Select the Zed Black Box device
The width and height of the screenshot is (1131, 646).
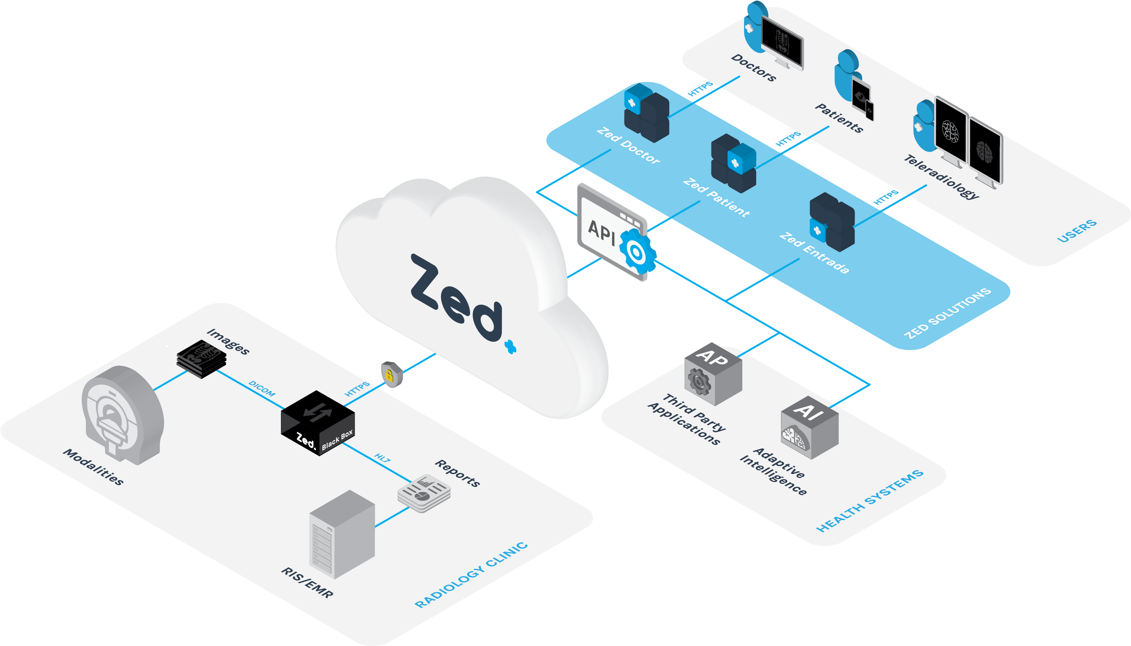coord(318,423)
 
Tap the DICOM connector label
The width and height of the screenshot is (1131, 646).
coord(262,389)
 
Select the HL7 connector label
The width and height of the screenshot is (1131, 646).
coord(382,458)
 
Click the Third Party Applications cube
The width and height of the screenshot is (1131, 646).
coord(713,374)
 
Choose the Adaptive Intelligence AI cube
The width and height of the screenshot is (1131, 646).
coord(810,427)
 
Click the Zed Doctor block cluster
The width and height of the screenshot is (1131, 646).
coord(646,113)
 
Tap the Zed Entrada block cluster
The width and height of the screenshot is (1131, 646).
coord(832,222)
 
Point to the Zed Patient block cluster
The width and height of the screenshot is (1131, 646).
coord(733,163)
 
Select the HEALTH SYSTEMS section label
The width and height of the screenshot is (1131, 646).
coord(870,500)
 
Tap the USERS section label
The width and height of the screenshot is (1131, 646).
coord(1077,231)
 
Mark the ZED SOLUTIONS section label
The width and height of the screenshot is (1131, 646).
coord(947,313)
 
